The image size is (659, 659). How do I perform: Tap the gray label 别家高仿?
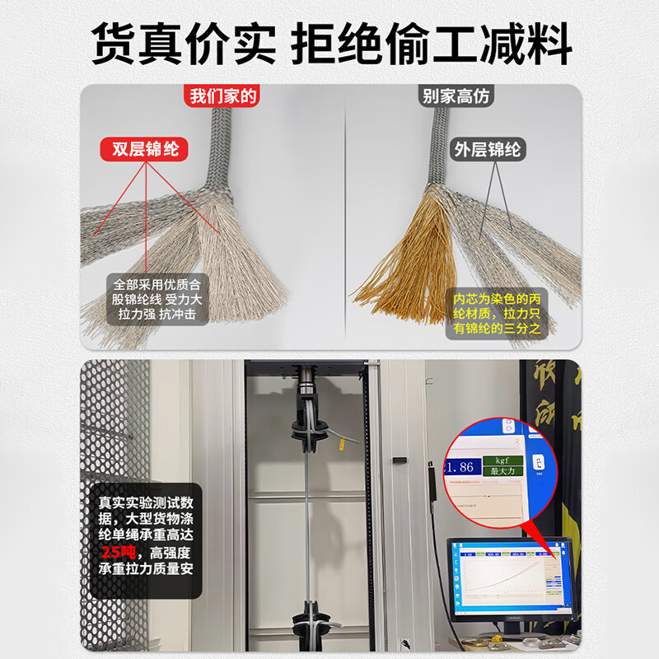tap(456, 96)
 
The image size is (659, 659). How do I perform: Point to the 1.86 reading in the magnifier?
tap(460, 466)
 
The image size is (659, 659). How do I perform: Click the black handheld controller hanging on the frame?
tap(430, 486)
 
